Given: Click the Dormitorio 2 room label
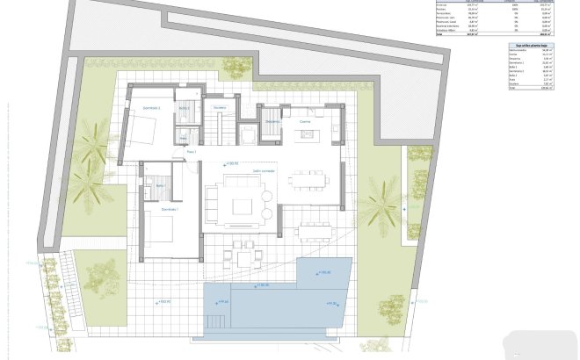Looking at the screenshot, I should [146, 108].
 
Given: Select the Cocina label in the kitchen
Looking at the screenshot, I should [305, 122].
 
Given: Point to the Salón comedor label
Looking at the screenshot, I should [264, 171].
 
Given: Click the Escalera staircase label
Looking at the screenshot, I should [220, 108].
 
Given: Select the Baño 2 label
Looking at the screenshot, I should [185, 108].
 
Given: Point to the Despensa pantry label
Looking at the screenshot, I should [272, 122].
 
